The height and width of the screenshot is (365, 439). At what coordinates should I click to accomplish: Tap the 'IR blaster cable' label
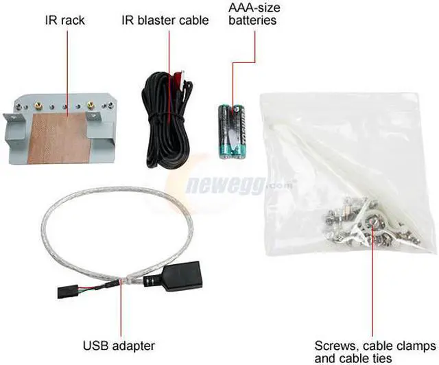[x=165, y=20]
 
